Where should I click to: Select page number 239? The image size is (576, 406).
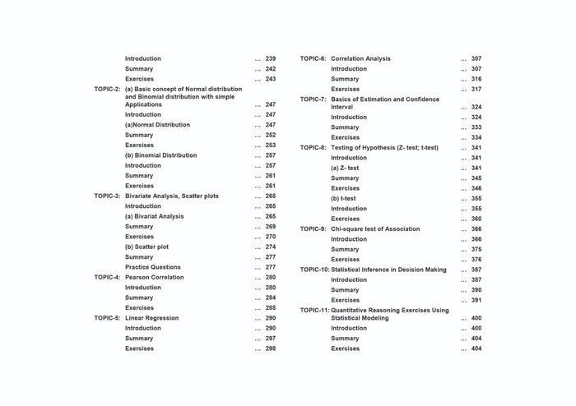point(271,58)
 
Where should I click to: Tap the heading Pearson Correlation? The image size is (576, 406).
point(155,278)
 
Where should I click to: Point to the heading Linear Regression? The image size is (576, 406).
point(151,318)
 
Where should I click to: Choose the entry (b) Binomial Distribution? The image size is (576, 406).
point(160,155)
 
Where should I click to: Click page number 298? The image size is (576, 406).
point(271,348)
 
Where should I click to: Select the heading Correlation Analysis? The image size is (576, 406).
point(360,58)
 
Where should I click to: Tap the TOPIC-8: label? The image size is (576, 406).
point(313,148)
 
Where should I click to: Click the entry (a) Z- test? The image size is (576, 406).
point(345,168)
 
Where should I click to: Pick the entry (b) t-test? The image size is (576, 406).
point(343,198)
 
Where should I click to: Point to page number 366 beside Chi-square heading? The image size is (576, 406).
point(476,228)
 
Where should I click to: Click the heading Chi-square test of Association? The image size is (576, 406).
point(375,228)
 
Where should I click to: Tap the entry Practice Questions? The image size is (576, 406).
point(153,267)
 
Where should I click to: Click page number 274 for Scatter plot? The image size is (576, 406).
point(271,247)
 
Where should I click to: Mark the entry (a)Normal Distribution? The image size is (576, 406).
point(157,125)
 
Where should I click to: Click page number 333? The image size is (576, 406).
point(476,127)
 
